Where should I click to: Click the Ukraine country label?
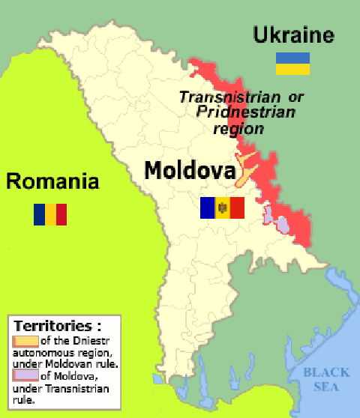[x=292, y=35]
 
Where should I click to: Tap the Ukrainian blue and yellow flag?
[x=293, y=63]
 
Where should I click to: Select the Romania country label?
[x=52, y=181]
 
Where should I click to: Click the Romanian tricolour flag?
[x=50, y=214]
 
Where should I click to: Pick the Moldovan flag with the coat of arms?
[x=222, y=208]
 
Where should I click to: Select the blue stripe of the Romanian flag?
[x=39, y=214]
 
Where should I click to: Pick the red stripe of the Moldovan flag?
[x=237, y=208]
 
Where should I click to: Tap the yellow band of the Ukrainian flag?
[x=293, y=69]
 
